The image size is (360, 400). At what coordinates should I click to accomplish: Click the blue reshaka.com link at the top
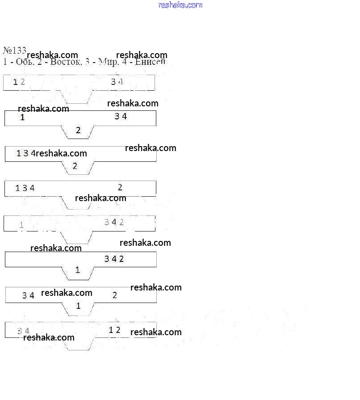(x=180, y=5)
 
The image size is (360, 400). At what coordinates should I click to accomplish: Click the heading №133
(x=15, y=50)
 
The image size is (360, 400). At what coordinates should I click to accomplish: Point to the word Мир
(x=109, y=62)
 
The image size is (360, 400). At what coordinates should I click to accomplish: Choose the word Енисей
(x=150, y=62)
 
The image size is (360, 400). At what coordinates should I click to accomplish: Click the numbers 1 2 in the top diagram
(x=19, y=82)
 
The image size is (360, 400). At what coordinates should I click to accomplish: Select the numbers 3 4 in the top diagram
(x=117, y=81)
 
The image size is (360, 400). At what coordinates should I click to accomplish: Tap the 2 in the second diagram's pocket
(x=78, y=131)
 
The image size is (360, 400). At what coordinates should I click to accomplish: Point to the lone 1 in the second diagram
(x=22, y=118)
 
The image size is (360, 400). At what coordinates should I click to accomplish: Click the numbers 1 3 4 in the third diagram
(x=26, y=153)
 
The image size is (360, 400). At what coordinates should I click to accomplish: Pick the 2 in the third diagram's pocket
(x=75, y=166)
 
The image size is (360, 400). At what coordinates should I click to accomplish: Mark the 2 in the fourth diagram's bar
(x=120, y=187)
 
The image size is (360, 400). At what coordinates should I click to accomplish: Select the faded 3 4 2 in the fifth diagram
(x=114, y=222)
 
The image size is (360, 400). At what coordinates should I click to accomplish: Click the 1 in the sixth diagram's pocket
(x=77, y=270)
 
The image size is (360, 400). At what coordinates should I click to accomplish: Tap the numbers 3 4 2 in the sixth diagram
(x=114, y=259)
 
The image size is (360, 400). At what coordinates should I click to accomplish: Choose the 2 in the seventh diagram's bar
(x=115, y=295)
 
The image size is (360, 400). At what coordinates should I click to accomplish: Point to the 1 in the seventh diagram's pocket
(x=78, y=306)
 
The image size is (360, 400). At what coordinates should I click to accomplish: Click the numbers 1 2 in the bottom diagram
(x=115, y=330)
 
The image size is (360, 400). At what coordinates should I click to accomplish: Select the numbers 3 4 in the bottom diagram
(x=23, y=331)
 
